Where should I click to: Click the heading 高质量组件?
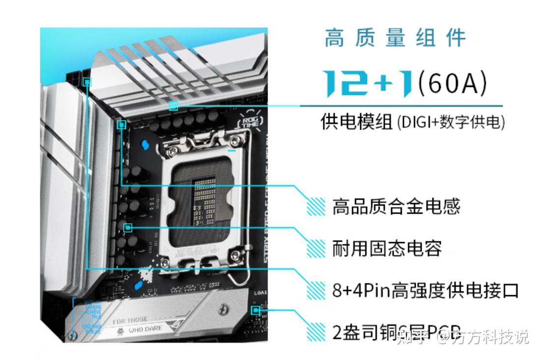click(x=395, y=38)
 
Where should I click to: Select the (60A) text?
click(x=452, y=83)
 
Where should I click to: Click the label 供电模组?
click(x=357, y=121)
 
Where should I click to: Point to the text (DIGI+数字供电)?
click(x=451, y=122)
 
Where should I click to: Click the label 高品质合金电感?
click(x=396, y=206)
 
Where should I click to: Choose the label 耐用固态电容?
click(x=387, y=248)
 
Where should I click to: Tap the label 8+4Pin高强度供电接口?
click(x=425, y=290)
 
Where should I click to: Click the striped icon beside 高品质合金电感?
click(x=316, y=206)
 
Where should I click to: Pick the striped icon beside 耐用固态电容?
click(x=316, y=248)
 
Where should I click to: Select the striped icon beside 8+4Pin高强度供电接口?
click(x=316, y=290)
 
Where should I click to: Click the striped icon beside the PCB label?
click(x=316, y=332)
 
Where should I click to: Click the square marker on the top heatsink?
click(x=173, y=106)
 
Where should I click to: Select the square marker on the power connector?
click(x=87, y=82)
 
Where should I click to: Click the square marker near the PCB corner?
click(x=255, y=310)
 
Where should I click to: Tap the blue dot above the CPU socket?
click(x=144, y=145)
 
